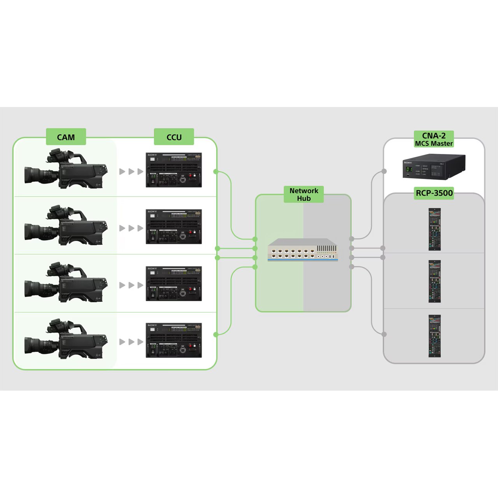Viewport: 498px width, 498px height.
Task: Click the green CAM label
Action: click(66, 137)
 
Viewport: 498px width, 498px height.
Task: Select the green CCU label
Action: click(174, 137)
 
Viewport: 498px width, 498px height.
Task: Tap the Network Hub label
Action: click(303, 194)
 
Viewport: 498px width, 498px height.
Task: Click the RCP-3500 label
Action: click(434, 193)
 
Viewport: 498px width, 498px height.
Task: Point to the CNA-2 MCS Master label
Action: click(434, 139)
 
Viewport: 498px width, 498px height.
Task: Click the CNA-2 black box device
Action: click(433, 167)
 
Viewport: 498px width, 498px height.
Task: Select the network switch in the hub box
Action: click(303, 249)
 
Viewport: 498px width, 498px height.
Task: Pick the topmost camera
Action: click(66, 170)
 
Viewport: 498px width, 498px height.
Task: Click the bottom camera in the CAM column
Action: click(66, 340)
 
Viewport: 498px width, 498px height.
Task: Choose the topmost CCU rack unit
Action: click(174, 170)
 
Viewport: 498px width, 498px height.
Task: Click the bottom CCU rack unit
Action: click(174, 340)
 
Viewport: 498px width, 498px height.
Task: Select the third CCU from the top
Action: click(174, 283)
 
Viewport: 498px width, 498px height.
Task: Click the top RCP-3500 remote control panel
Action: click(435, 229)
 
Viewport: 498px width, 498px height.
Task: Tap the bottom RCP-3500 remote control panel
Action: click(435, 336)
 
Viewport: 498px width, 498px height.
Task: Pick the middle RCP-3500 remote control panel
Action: click(435, 281)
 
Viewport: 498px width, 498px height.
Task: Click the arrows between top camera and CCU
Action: click(131, 172)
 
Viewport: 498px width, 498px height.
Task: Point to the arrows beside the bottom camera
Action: click(131, 342)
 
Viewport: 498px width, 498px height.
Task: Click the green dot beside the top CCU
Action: click(216, 171)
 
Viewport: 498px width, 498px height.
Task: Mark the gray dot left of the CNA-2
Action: click(384, 171)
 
